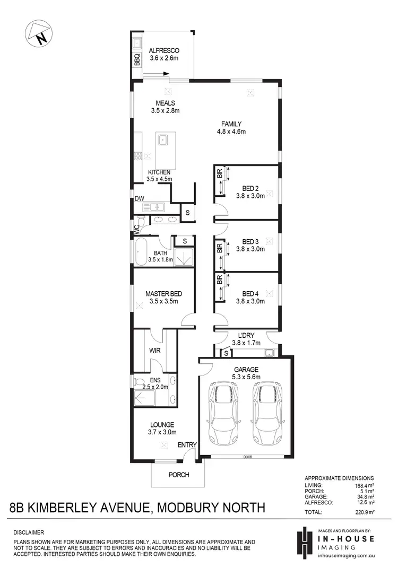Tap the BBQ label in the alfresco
click(137, 59)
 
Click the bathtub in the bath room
click(141, 252)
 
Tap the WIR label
click(155, 351)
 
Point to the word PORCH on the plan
click(179, 475)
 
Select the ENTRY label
click(187, 445)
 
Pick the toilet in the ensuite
click(140, 382)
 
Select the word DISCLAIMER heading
click(29, 532)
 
